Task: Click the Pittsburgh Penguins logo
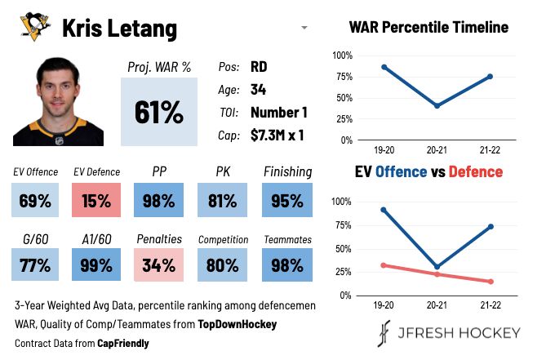click(x=34, y=29)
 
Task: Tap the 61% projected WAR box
click(x=159, y=112)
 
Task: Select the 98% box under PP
click(x=159, y=201)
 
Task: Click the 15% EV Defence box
click(x=97, y=201)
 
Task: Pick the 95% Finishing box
click(x=286, y=201)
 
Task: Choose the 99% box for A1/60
click(x=97, y=264)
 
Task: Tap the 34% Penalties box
click(x=159, y=264)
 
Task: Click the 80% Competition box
click(x=223, y=264)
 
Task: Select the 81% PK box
click(x=223, y=201)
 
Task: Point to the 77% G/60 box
click(x=34, y=264)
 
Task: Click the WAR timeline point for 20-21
click(x=437, y=106)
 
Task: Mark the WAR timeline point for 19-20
click(x=384, y=67)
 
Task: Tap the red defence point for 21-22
click(x=491, y=282)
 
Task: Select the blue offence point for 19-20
click(x=384, y=210)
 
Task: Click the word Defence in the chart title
click(x=475, y=171)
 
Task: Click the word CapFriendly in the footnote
click(x=122, y=344)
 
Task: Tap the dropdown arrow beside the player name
click(x=304, y=29)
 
